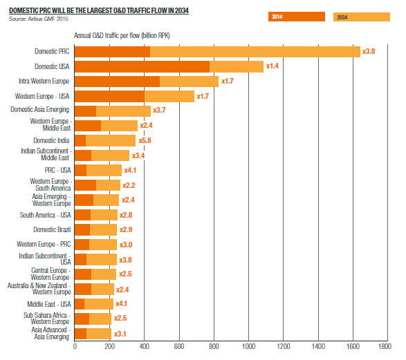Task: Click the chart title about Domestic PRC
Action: pyautogui.click(x=99, y=10)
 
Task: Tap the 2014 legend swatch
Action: pyautogui.click(x=297, y=17)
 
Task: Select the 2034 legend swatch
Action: pyautogui.click(x=362, y=17)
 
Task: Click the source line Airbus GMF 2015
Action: pyautogui.click(x=39, y=19)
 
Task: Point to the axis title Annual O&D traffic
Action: pyautogui.click(x=122, y=35)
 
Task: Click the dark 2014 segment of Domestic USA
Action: pyautogui.click(x=142, y=67)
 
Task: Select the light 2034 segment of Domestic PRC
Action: pyautogui.click(x=255, y=52)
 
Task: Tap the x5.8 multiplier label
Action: pyautogui.click(x=145, y=140)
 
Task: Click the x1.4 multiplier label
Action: pyautogui.click(x=273, y=66)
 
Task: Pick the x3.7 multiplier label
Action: pyautogui.click(x=159, y=110)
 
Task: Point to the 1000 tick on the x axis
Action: pyautogui.click(x=248, y=346)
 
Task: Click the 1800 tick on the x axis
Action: pyautogui.click(x=385, y=346)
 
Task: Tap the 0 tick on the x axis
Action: pyautogui.click(x=75, y=346)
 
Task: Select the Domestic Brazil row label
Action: pyautogui.click(x=52, y=229)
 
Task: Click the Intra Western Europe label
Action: pyautogui.click(x=44, y=82)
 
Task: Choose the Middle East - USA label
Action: pyautogui.click(x=49, y=304)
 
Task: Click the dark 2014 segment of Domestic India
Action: pyautogui.click(x=80, y=141)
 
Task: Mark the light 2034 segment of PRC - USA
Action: pyautogui.click(x=104, y=170)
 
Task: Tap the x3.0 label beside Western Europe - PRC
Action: pyautogui.click(x=126, y=245)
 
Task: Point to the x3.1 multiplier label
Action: pyautogui.click(x=120, y=334)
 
